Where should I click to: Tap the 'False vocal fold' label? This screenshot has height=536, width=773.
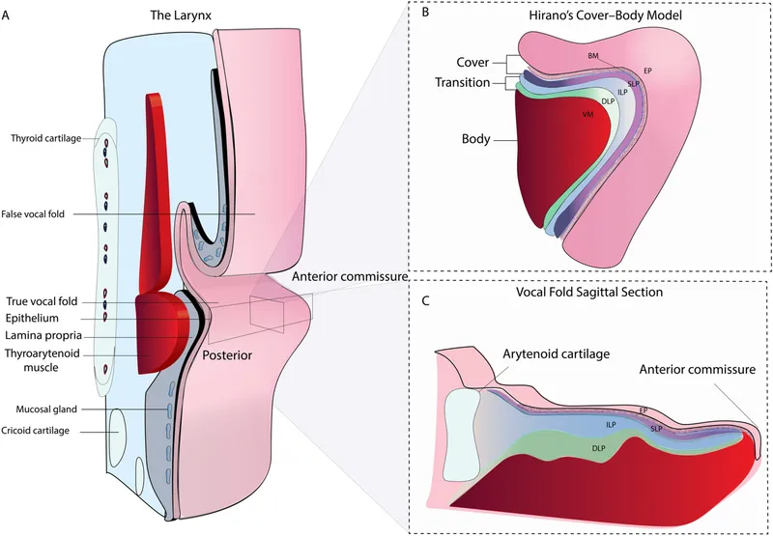pos(44,213)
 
